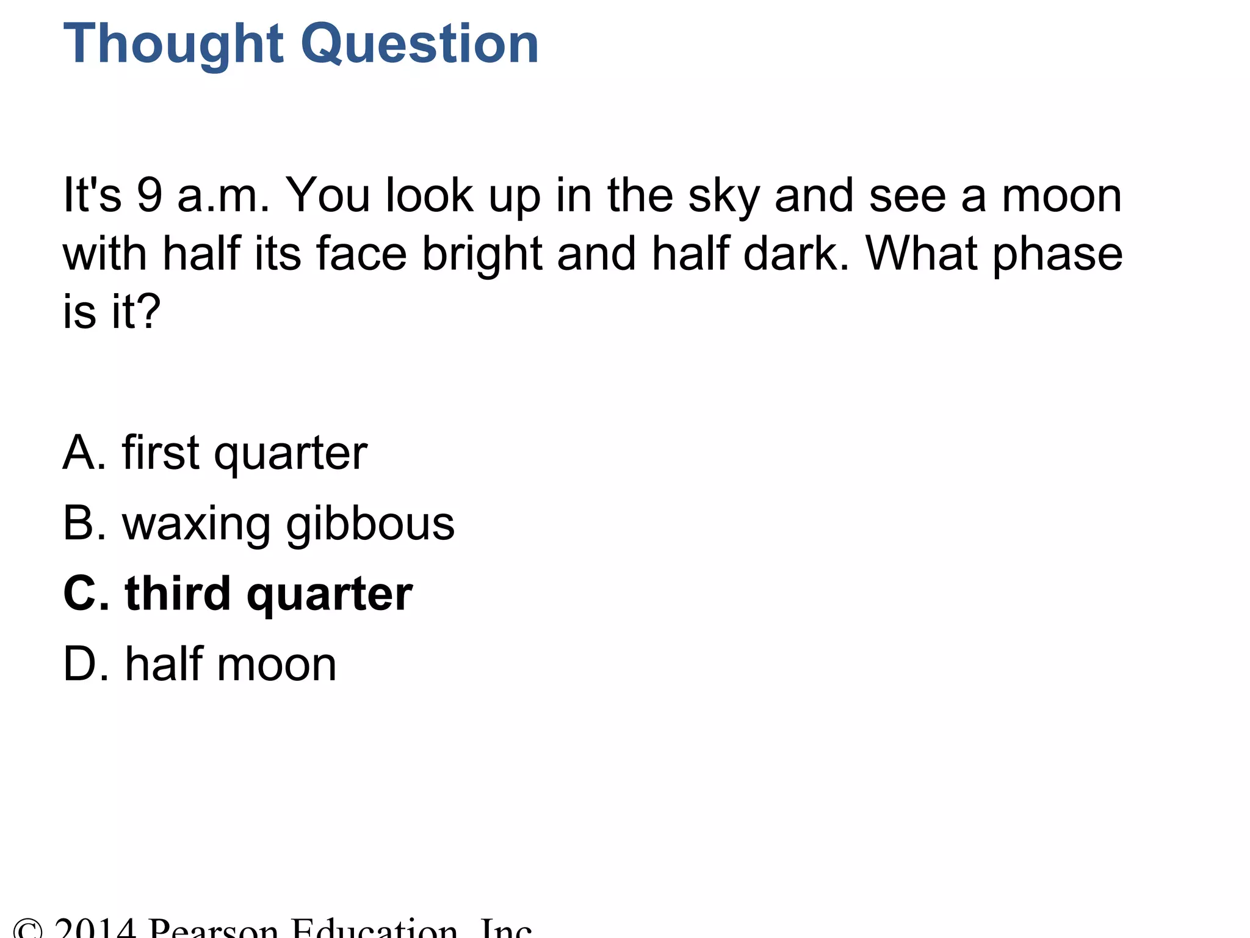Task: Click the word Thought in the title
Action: [x=172, y=44]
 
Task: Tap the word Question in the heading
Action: [x=420, y=44]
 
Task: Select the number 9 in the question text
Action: [x=149, y=195]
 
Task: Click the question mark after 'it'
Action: [x=149, y=311]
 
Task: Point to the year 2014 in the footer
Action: [x=95, y=929]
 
